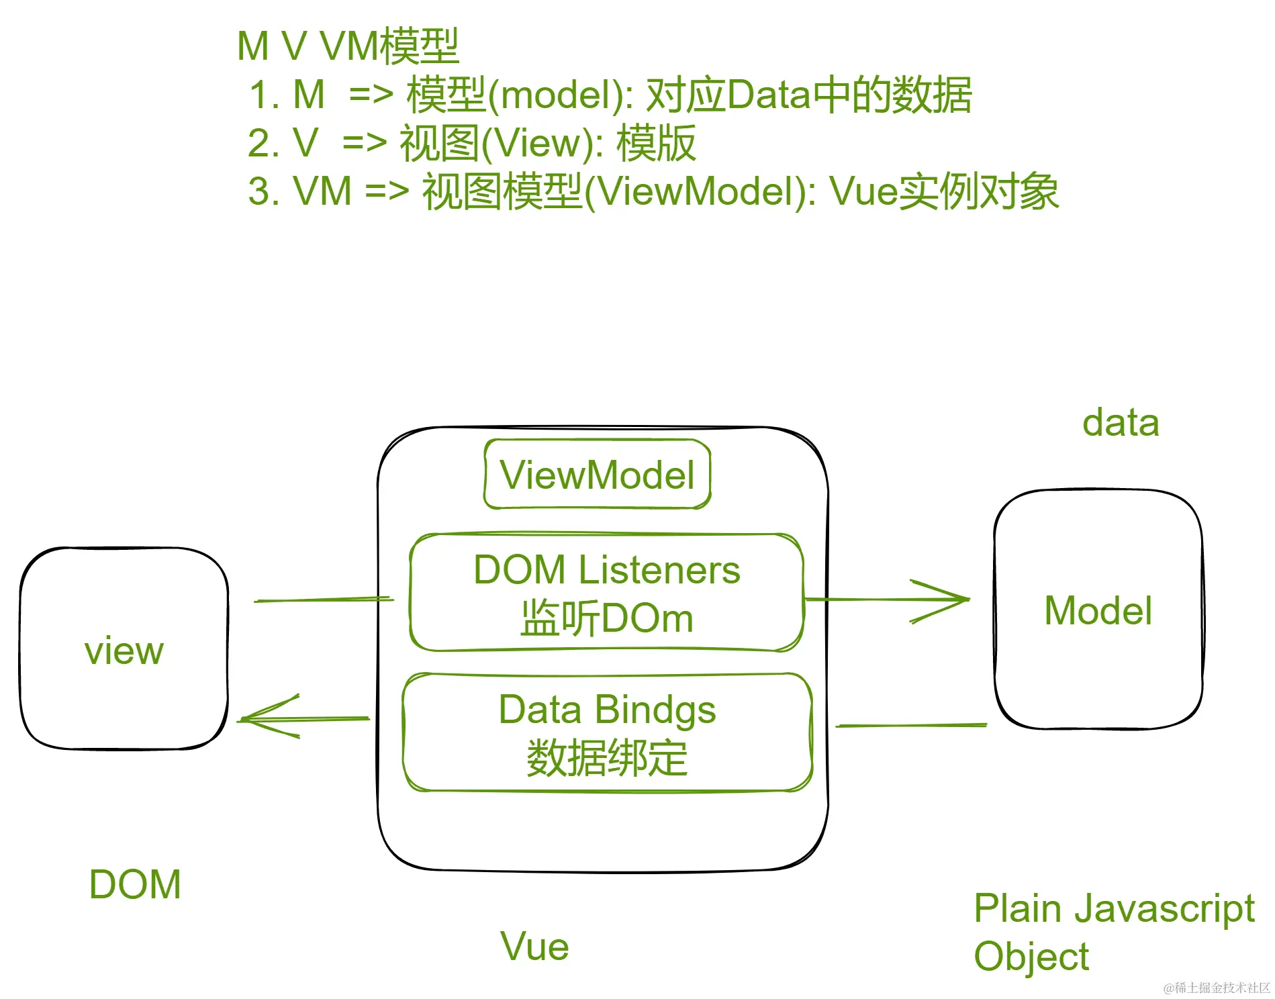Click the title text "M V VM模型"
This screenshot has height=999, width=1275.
pos(348,46)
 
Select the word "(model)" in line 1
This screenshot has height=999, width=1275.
pos(560,95)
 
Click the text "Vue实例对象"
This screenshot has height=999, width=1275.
pos(944,191)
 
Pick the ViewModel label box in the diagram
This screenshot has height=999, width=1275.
pos(597,475)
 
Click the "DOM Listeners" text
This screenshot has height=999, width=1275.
pos(606,570)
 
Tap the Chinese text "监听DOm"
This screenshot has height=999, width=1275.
pos(606,618)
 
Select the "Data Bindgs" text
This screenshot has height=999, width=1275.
pos(607,710)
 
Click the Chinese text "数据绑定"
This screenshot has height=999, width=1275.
pos(607,759)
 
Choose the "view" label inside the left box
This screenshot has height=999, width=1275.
pos(124,651)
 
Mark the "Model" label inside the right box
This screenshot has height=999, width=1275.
pos(1098,611)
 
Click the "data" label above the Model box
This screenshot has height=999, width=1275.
pos(1121,423)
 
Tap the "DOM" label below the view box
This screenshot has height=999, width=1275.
pos(135,884)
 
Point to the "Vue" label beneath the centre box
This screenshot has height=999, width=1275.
pos(534,947)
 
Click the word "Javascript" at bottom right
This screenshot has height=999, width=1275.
pos(1164,909)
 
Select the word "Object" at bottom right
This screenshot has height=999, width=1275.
pos(1031,957)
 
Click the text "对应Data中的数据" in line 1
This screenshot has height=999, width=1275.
pos(808,95)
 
